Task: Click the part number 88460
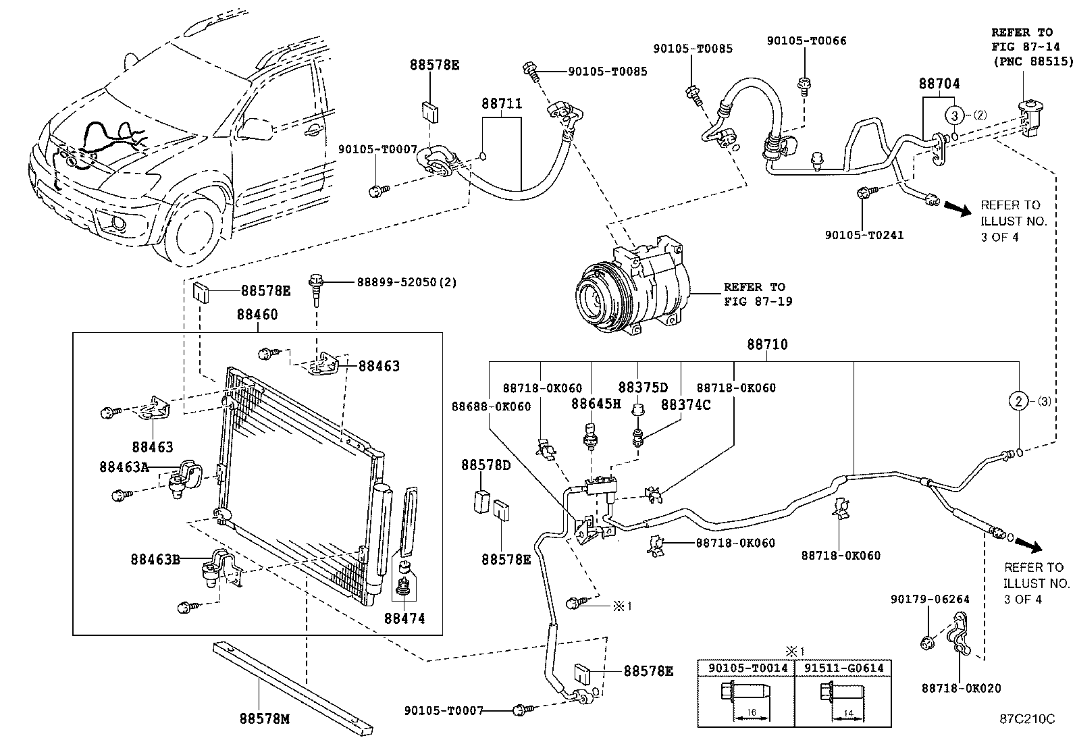[257, 315]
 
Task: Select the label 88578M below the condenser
[264, 719]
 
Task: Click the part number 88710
[766, 344]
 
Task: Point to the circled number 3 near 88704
[955, 115]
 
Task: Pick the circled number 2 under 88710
[1018, 401]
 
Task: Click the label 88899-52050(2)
[407, 282]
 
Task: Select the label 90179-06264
[930, 599]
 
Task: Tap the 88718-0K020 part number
[962, 689]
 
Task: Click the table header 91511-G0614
[843, 668]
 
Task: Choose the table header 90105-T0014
[748, 668]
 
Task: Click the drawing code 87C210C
[1027, 719]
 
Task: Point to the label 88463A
[124, 467]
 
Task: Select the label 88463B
[155, 559]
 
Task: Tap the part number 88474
[404, 618]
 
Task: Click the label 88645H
[596, 404]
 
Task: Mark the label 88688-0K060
[491, 406]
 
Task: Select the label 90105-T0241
[864, 235]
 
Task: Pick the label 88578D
[486, 465]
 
